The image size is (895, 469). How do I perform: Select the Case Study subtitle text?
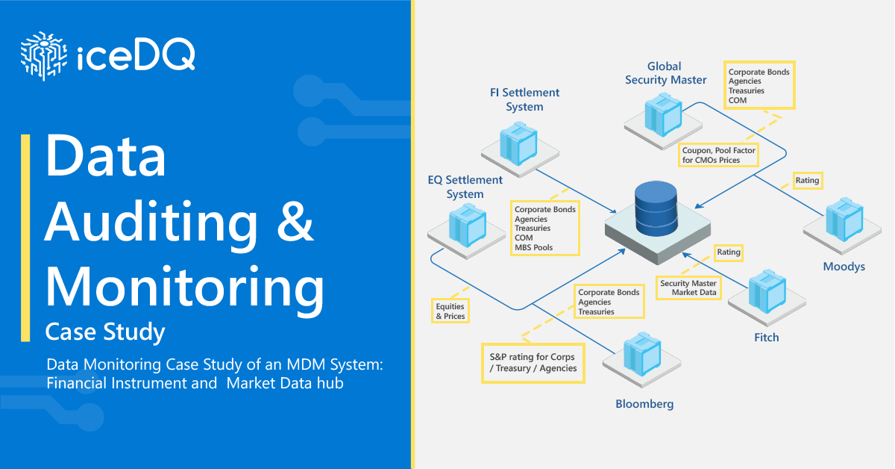coord(105,331)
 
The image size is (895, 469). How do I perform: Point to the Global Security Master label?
coord(665,73)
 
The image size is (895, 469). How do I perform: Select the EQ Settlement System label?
coord(465,187)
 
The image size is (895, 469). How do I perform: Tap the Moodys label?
coord(844,267)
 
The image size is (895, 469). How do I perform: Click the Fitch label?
coord(766,338)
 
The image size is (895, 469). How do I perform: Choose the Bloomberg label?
coord(644,404)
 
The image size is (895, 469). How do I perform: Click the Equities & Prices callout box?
coord(450,311)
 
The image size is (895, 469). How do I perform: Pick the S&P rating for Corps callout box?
coord(533,362)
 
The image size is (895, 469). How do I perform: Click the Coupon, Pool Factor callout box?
coord(719,155)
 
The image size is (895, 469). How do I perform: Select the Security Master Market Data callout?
coord(688,288)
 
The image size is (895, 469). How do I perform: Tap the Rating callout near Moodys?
coord(807,180)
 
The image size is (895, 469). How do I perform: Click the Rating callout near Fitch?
coord(729,252)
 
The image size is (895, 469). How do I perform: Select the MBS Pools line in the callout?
coord(534,247)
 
